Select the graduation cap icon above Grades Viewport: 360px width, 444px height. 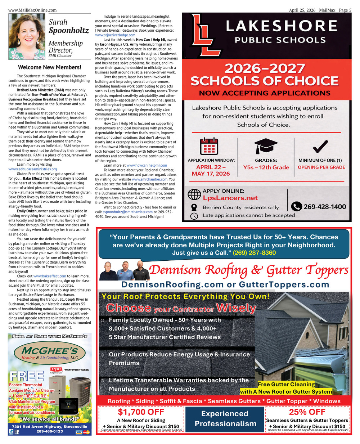click(266, 146)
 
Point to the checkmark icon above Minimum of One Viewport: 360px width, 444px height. click(320, 146)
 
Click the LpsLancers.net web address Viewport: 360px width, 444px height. click(230, 198)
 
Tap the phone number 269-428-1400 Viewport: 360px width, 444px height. click(324, 207)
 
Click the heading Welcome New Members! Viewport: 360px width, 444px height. click(50, 67)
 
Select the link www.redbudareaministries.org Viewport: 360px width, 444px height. click(33, 169)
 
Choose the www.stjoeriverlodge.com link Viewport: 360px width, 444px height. click(115, 35)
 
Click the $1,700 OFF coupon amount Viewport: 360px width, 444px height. click(141, 412)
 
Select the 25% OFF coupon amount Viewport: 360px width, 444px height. click(307, 412)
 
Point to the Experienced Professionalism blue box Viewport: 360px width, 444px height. click(226, 418)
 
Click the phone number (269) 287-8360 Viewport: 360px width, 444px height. click(254, 253)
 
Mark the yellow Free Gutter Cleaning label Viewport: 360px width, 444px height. click(286, 384)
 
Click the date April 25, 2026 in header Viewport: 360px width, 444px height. click(302, 10)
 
